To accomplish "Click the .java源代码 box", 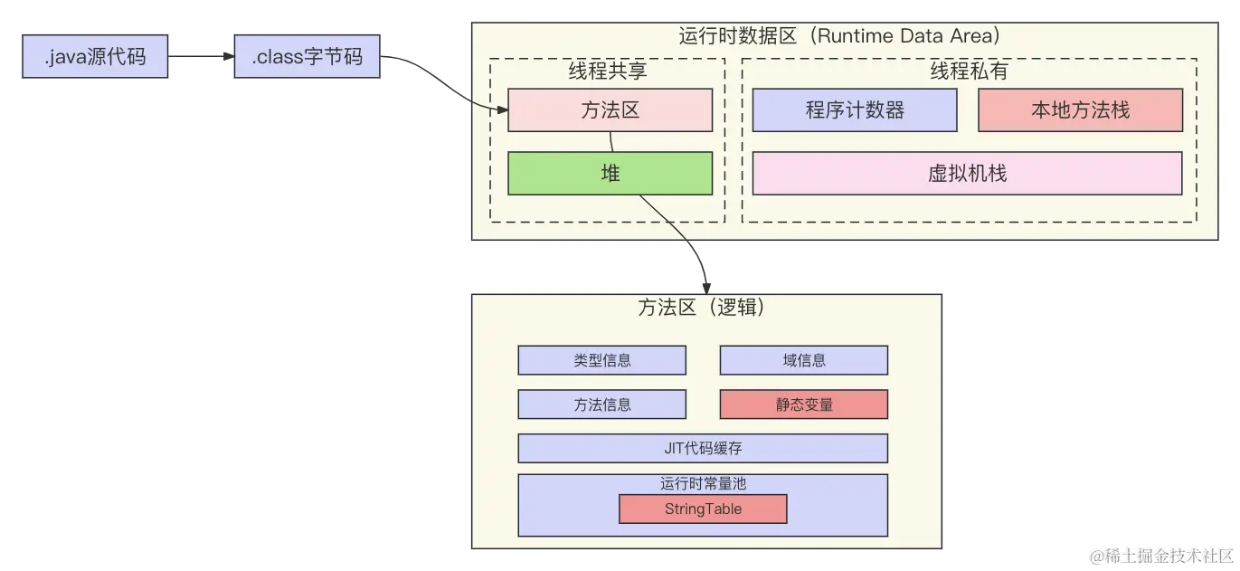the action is [x=95, y=56].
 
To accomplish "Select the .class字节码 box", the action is [x=308, y=56].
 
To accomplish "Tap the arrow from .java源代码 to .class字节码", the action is [x=201, y=56].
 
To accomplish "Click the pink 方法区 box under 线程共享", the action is [x=610, y=110].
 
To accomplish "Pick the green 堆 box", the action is [x=610, y=174].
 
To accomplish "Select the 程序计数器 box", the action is [x=855, y=110].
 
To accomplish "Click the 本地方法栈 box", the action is [x=1081, y=110].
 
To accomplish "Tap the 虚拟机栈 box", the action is [x=968, y=174].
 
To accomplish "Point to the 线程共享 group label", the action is [x=608, y=71].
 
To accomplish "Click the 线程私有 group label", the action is [x=970, y=71].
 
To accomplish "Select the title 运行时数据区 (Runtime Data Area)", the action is [x=839, y=36].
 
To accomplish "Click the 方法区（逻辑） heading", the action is [x=701, y=307].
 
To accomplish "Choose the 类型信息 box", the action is [x=602, y=360].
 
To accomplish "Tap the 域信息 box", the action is [x=804, y=360].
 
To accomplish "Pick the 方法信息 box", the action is [x=602, y=404].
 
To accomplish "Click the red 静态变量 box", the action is [x=804, y=404].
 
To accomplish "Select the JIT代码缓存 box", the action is [x=703, y=448].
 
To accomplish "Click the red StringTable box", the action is [x=703, y=509].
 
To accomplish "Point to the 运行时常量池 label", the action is [x=703, y=483].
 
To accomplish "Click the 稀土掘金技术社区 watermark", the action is [x=1161, y=556].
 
